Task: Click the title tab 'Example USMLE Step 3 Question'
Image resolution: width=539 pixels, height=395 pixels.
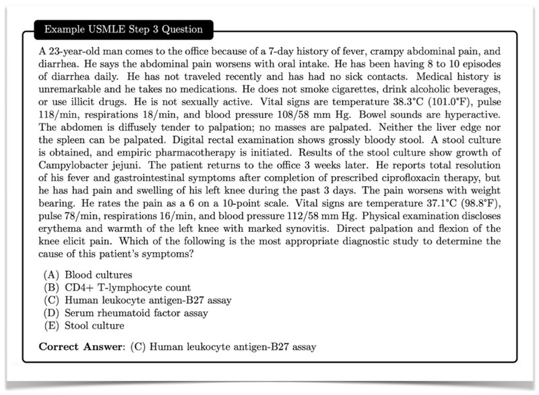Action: click(x=122, y=30)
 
